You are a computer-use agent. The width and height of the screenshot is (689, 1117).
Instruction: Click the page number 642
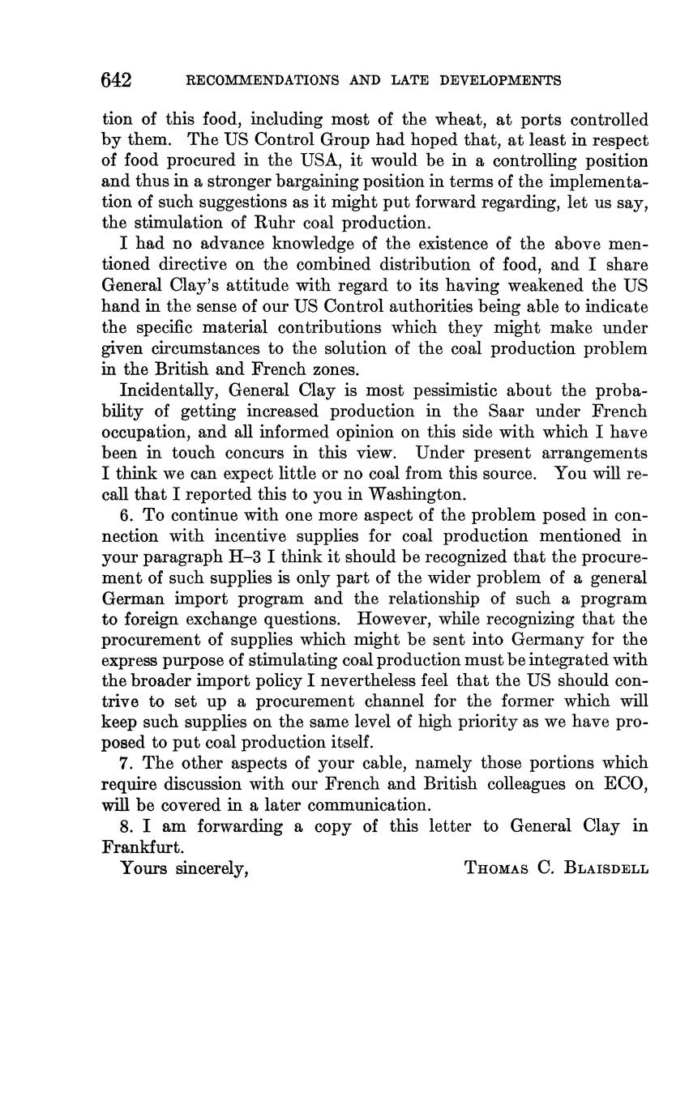[117, 80]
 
